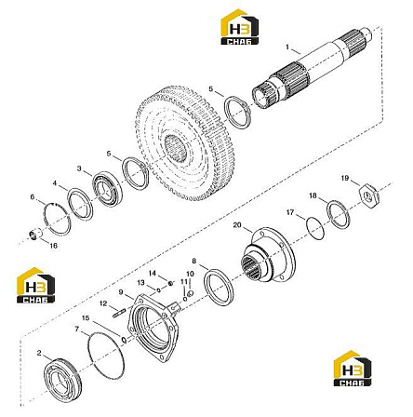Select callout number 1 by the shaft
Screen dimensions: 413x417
point(287,47)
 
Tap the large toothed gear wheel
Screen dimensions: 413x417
point(180,143)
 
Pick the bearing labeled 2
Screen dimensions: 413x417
point(62,379)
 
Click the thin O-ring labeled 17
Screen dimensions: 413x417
point(315,228)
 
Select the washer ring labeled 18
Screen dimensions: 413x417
point(340,216)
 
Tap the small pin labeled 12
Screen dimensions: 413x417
point(119,313)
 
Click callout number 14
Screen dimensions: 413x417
point(153,274)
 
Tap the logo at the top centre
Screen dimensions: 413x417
point(239,27)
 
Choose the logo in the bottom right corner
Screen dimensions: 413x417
point(353,369)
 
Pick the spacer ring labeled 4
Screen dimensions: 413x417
point(80,205)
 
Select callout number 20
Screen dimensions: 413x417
point(237,225)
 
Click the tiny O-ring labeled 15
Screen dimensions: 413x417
point(124,340)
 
